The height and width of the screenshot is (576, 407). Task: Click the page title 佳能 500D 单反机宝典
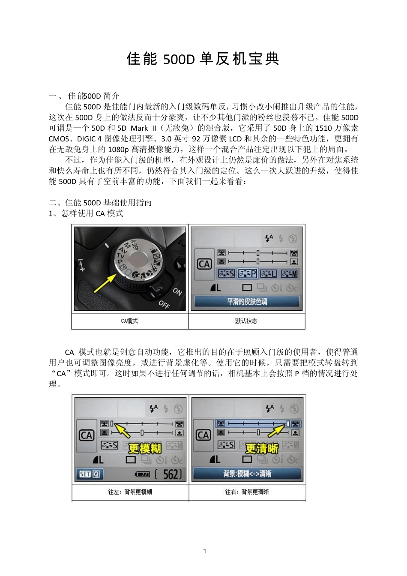click(x=203, y=59)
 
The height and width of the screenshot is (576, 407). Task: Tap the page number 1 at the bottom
click(x=205, y=551)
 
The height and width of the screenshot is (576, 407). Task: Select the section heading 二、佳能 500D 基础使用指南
click(x=100, y=203)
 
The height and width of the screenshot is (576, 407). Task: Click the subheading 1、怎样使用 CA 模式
click(x=86, y=213)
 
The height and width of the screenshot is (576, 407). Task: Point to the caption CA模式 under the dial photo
click(x=129, y=321)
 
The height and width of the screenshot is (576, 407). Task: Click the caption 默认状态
click(x=246, y=321)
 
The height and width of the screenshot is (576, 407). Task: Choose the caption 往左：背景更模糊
click(x=130, y=492)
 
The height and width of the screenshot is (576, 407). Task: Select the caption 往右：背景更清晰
click(x=247, y=492)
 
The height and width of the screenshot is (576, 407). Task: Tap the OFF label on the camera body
click(x=164, y=305)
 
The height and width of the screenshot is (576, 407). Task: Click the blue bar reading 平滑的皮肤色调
click(x=247, y=302)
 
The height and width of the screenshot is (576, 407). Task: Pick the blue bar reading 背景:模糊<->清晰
click(x=247, y=474)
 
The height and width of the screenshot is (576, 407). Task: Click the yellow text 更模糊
click(x=145, y=448)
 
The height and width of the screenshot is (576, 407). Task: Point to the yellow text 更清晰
click(x=262, y=448)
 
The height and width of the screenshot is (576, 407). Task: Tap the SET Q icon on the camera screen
click(x=90, y=474)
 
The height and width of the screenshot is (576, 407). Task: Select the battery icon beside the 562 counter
click(x=143, y=474)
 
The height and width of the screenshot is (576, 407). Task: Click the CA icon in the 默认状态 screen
click(x=204, y=264)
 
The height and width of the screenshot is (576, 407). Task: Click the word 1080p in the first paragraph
click(x=119, y=149)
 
